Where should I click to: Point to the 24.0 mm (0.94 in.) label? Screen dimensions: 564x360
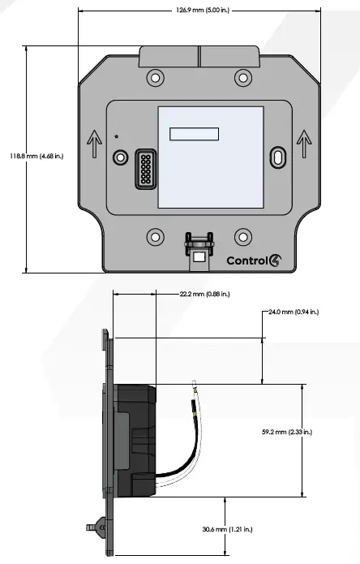point(293,311)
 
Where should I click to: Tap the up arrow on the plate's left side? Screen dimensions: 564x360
point(94,144)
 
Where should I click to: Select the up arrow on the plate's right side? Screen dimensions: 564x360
point(304,144)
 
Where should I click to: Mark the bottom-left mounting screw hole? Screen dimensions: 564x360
point(154,237)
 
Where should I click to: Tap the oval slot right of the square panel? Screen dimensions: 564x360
point(278,157)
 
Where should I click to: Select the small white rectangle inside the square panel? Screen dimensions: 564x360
point(194,135)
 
